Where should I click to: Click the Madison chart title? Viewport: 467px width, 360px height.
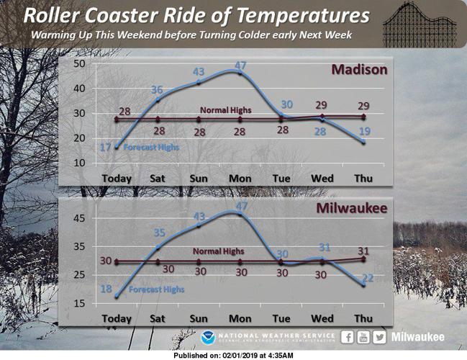point(359,70)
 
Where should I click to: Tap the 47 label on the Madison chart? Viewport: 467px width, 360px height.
point(242,65)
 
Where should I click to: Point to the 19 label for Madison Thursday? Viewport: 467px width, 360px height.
point(364,131)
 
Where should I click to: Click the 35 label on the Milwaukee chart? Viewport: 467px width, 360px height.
point(159,233)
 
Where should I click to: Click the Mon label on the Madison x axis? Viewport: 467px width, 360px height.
point(240,178)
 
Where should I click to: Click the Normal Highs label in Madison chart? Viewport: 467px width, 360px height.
point(225,110)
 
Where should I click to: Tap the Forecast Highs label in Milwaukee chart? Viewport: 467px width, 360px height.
point(157,289)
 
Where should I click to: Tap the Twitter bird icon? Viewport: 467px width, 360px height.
point(380,336)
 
